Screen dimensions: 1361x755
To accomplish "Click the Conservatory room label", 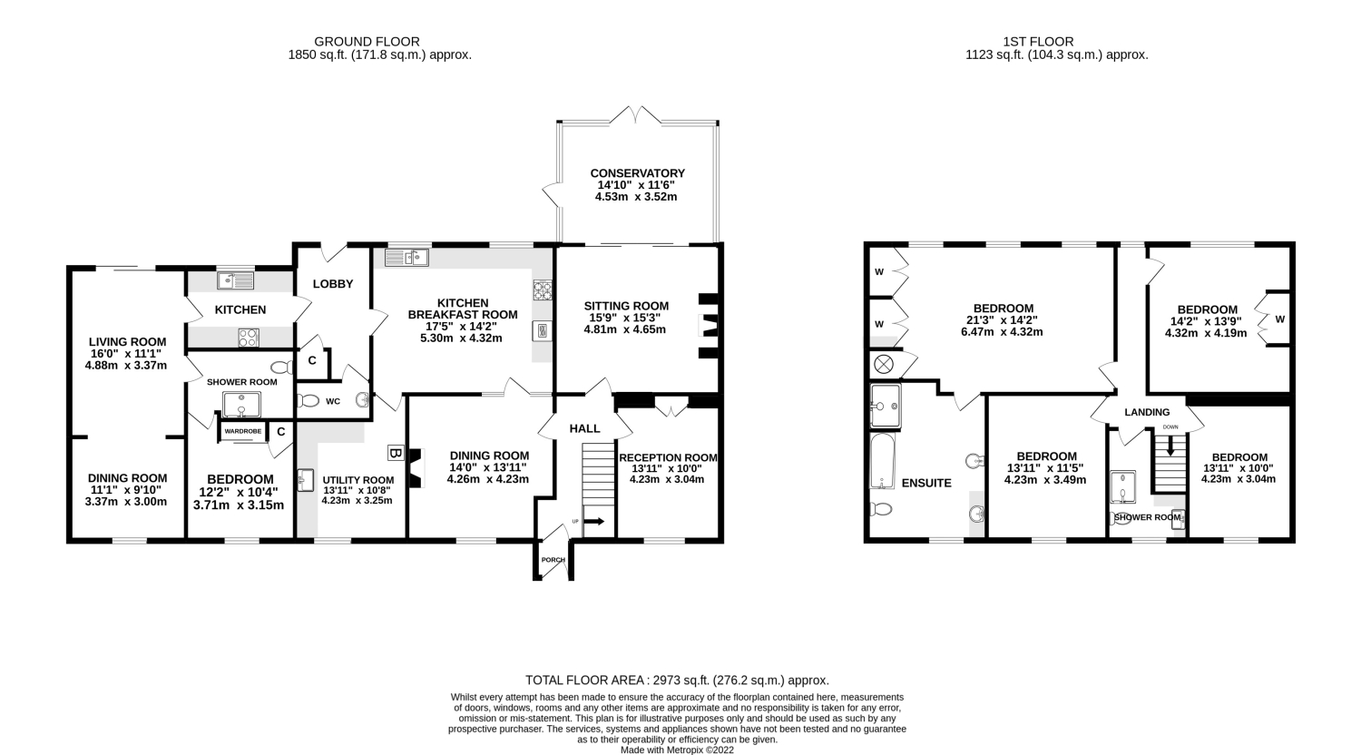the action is (x=637, y=173).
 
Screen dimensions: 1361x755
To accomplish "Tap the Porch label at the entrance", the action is (x=553, y=560).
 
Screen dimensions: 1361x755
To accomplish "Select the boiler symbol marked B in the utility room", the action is (x=396, y=453).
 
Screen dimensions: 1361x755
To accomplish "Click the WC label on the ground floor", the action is (x=333, y=401).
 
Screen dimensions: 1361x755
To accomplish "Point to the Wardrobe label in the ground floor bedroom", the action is (x=242, y=431).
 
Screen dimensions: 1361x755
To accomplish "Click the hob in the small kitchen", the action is (x=249, y=338).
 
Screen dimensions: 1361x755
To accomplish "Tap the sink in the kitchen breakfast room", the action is (x=406, y=258).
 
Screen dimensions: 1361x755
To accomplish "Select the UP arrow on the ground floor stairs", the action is (x=594, y=521).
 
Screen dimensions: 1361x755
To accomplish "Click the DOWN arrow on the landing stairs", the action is (x=1170, y=446).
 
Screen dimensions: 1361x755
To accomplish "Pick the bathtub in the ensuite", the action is (x=882, y=461).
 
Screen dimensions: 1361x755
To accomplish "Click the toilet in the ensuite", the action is (x=881, y=508).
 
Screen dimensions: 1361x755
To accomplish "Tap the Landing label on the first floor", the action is (x=1147, y=412).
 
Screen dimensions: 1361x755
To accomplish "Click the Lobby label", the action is (x=333, y=284).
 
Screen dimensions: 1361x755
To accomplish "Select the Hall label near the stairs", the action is (x=584, y=428).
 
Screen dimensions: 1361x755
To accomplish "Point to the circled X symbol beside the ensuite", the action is (x=884, y=365).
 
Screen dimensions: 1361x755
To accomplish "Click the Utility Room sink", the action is (x=305, y=480).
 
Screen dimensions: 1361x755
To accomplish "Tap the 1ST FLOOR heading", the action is (x=1038, y=42).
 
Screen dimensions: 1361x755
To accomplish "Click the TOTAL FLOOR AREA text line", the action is (x=677, y=681).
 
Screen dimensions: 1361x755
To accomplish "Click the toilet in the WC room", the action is (x=308, y=401).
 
